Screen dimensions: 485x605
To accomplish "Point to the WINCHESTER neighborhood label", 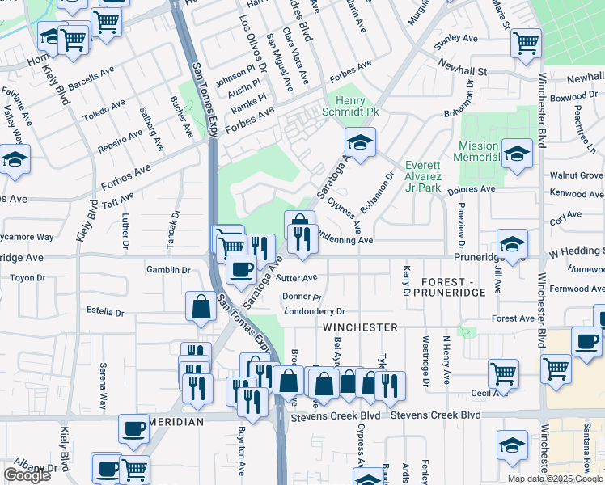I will tap(359, 327).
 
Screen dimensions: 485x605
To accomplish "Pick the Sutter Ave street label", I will tap(297, 278).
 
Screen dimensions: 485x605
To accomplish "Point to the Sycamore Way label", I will tap(27, 238).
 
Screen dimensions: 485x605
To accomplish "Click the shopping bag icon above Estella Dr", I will tap(201, 306).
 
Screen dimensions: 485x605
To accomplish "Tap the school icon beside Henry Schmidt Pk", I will tap(360, 141).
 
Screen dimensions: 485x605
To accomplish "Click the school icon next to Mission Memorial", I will tap(516, 152).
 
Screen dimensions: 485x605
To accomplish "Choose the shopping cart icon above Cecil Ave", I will tap(503, 373).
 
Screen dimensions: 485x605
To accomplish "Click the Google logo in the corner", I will tap(27, 475).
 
